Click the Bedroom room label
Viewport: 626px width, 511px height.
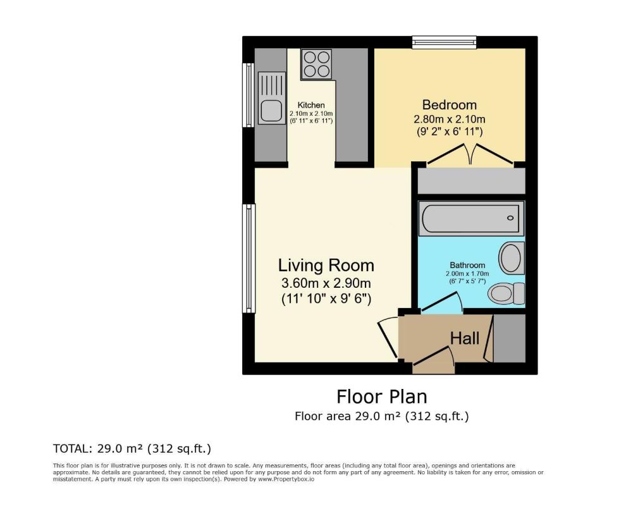click(x=450, y=104)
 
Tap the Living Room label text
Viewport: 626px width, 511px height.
click(x=326, y=266)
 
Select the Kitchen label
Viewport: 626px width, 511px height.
click(x=311, y=106)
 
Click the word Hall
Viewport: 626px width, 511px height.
click(x=465, y=338)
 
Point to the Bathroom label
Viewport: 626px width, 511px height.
click(x=467, y=265)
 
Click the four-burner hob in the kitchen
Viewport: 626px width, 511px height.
click(x=317, y=65)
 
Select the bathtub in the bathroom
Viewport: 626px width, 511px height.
click(x=471, y=218)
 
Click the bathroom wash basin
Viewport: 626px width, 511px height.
click(x=512, y=257)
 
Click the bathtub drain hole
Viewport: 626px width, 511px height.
click(x=510, y=218)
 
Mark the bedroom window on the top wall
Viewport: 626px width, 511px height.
click(x=445, y=42)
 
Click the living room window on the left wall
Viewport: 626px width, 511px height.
click(x=249, y=259)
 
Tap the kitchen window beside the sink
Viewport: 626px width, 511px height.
click(x=249, y=95)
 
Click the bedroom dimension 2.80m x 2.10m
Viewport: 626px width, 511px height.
click(x=450, y=119)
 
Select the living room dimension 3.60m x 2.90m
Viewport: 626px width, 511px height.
click(x=326, y=283)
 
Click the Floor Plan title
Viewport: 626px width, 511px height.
click(x=382, y=397)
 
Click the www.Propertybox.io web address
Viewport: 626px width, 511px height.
click(x=286, y=479)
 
